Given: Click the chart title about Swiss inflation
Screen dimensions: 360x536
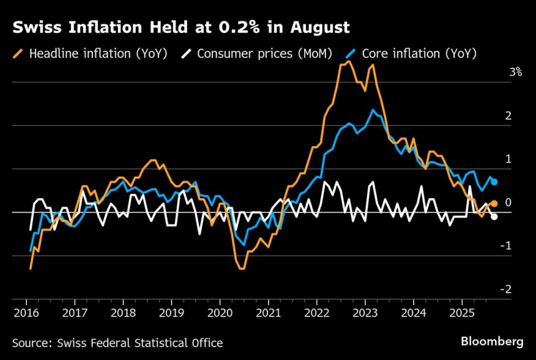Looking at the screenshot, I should tap(181, 28).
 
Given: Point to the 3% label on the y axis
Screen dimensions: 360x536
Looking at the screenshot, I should tap(515, 73).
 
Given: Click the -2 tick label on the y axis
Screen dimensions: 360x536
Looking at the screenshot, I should tap(506, 290).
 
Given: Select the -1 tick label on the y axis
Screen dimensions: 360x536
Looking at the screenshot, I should tap(506, 246).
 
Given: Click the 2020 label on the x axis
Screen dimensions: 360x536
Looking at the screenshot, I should tap(219, 312).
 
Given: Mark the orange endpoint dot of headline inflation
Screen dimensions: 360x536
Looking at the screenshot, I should tap(494, 204).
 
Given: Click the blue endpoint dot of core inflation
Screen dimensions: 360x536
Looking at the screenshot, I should tap(494, 182).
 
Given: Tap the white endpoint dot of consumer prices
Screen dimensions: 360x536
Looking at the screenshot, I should tap(494, 216).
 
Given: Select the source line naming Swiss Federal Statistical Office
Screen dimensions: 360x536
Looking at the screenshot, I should tap(117, 343).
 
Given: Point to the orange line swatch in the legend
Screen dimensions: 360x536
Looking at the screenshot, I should tap(17, 53).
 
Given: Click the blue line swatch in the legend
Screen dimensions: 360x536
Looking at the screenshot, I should tap(350, 53).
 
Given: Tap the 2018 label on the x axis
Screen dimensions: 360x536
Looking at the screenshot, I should tap(123, 312).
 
